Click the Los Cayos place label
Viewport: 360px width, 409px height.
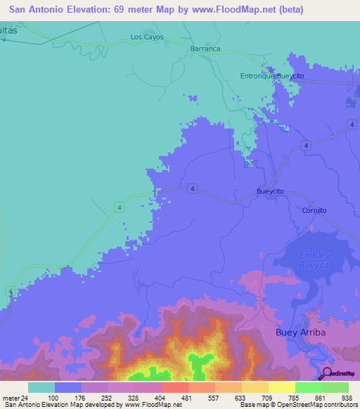tap(147, 37)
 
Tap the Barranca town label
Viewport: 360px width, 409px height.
tap(205, 49)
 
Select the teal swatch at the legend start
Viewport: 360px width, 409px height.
tap(41, 387)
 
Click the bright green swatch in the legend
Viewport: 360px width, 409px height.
tap(308, 387)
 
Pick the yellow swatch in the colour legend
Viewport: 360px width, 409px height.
tap(281, 387)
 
